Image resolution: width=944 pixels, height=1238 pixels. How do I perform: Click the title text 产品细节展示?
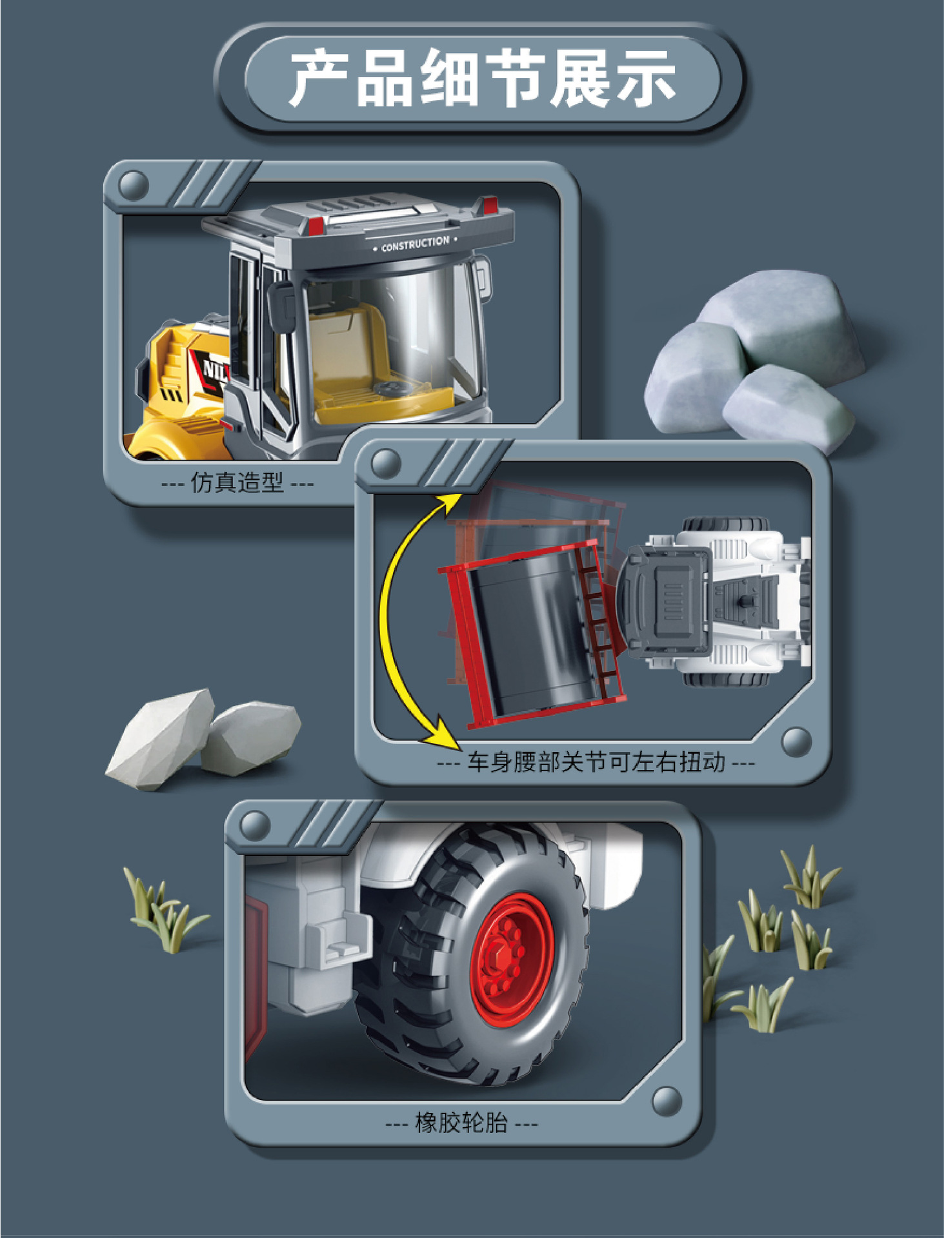[482, 79]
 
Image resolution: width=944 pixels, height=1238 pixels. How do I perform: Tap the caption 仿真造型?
[237, 482]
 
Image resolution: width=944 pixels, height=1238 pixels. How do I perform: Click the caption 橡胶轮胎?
[461, 1123]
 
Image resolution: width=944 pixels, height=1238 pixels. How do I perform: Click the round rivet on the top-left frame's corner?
[134, 186]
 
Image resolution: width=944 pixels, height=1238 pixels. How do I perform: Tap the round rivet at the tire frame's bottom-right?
[667, 1101]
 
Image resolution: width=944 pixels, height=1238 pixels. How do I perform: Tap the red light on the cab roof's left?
[316, 225]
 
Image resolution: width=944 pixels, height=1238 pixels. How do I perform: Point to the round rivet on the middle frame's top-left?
[386, 463]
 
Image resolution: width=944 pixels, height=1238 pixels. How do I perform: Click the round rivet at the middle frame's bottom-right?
[796, 742]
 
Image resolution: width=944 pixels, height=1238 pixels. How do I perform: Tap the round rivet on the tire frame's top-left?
[254, 825]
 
